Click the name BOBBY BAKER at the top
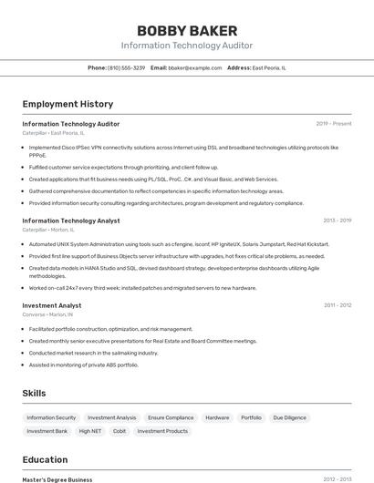(187, 31)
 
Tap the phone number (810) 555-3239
(126, 67)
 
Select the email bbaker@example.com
(194, 67)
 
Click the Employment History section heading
(68, 104)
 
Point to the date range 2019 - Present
(333, 124)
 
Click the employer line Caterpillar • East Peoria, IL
(53, 133)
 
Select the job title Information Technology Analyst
(71, 221)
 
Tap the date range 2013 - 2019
(337, 221)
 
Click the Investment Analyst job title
(52, 305)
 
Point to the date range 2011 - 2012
(337, 305)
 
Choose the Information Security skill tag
(51, 417)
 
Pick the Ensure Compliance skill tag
(171, 417)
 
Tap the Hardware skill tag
(217, 417)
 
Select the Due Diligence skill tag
(289, 417)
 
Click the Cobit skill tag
(119, 431)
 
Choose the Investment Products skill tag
(162, 431)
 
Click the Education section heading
(45, 459)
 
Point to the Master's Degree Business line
(57, 479)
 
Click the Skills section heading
(35, 393)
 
